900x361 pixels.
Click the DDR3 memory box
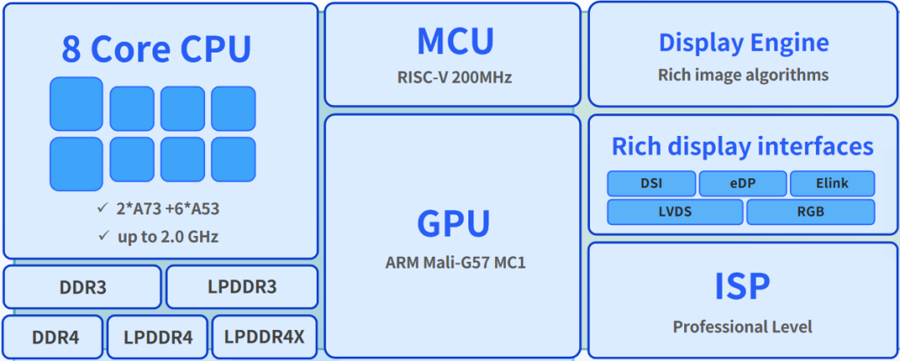pyautogui.click(x=82, y=288)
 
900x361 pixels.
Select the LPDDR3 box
pyautogui.click(x=242, y=288)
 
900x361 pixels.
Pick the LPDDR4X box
pyautogui.click(x=265, y=338)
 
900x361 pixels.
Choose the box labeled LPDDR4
pyautogui.click(x=158, y=338)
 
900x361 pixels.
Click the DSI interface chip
pyautogui.click(x=652, y=183)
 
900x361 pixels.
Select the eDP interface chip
pyautogui.click(x=742, y=183)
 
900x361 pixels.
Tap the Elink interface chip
pyautogui.click(x=832, y=183)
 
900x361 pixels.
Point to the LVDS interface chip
pyautogui.click(x=675, y=212)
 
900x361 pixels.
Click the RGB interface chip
pyautogui.click(x=810, y=212)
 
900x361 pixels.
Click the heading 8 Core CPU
pyautogui.click(x=156, y=50)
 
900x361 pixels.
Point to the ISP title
pyautogui.click(x=742, y=287)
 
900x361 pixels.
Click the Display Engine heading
pyautogui.click(x=743, y=43)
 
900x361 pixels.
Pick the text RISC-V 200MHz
pyautogui.click(x=454, y=78)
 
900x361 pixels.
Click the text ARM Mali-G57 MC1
pyautogui.click(x=455, y=263)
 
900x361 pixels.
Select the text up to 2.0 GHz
pyautogui.click(x=167, y=236)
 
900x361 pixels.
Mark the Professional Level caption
pyautogui.click(x=742, y=326)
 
